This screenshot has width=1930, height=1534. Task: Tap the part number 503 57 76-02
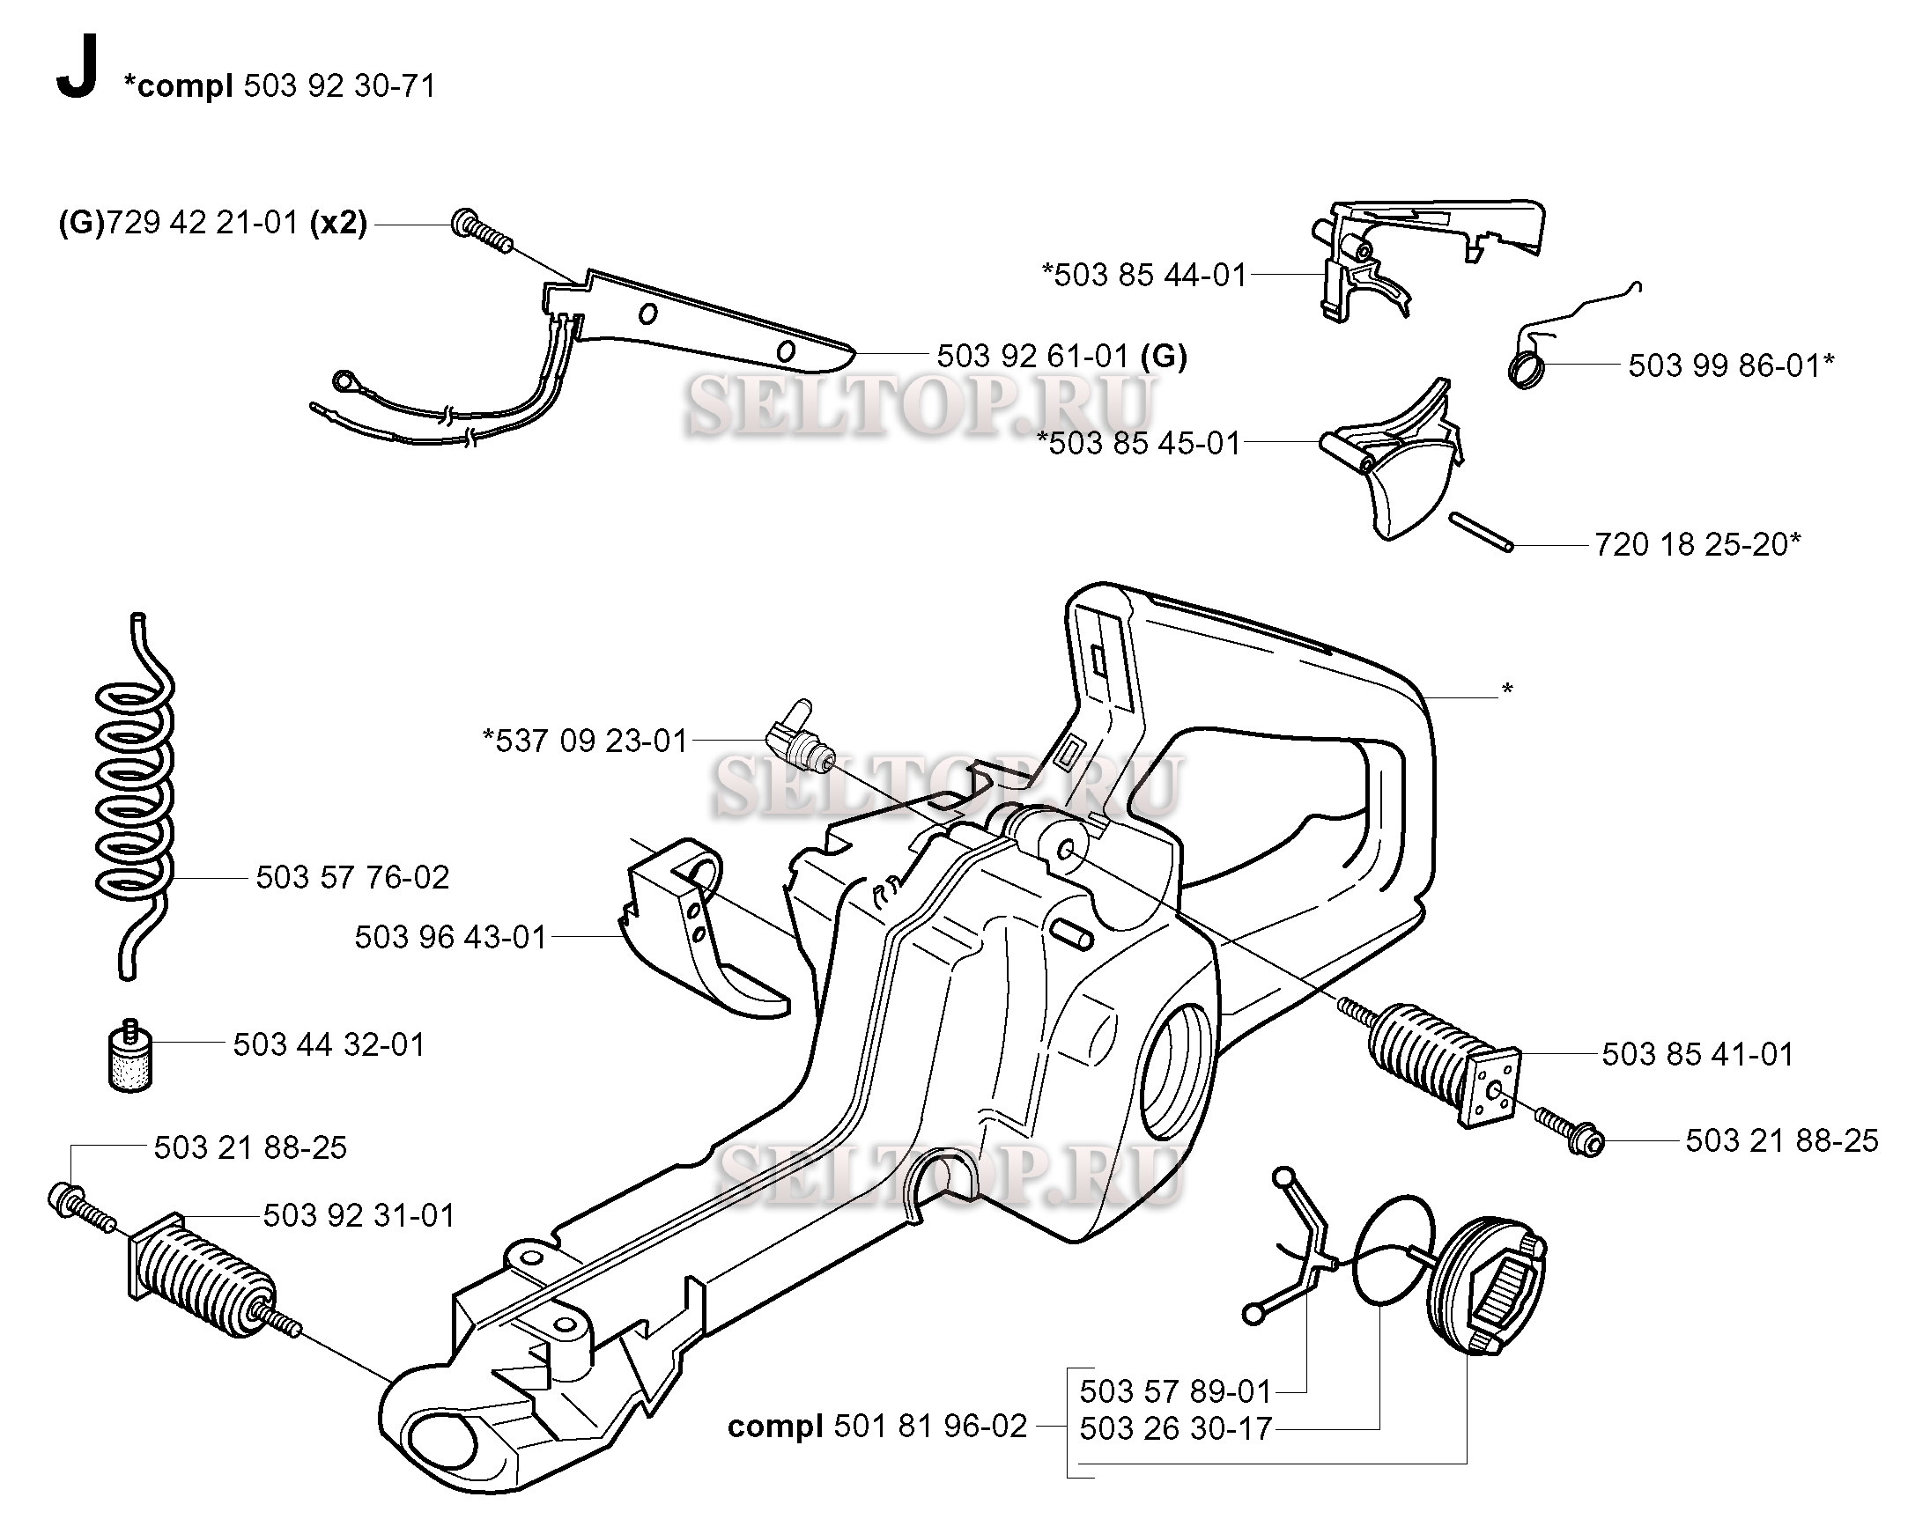(351, 877)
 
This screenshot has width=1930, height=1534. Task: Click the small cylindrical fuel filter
(130, 1058)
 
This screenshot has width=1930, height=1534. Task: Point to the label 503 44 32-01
(329, 1044)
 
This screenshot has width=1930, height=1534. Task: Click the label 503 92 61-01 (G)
(1061, 357)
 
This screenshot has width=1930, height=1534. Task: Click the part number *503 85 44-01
(1144, 275)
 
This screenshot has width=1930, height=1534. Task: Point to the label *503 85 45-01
(1139, 443)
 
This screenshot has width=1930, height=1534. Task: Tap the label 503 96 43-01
(450, 937)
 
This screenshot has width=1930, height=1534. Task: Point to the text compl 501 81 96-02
(876, 1426)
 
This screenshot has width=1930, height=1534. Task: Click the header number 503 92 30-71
(339, 86)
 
